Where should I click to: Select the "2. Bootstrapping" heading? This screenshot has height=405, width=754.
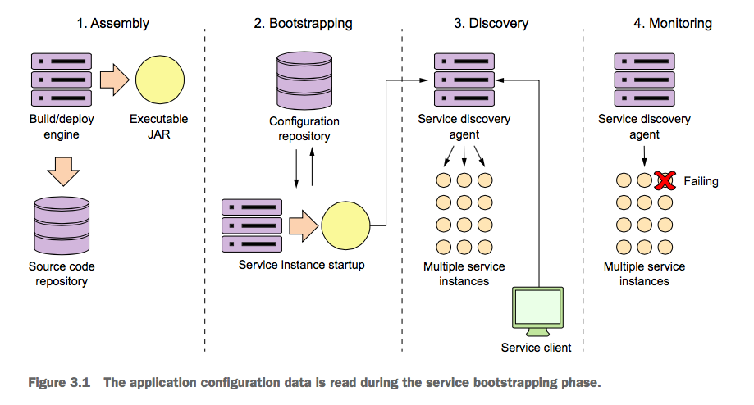pyautogui.click(x=304, y=24)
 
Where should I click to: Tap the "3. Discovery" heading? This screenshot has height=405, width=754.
pyautogui.click(x=491, y=24)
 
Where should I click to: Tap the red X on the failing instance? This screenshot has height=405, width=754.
pyautogui.click(x=664, y=180)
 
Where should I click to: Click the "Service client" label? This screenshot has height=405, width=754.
pyautogui.click(x=536, y=347)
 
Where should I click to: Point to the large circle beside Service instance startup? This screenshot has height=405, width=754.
pyautogui.click(x=346, y=225)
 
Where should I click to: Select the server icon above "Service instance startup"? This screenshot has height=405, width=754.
pyautogui.click(x=252, y=225)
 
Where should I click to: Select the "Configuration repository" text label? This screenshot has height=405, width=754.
pyautogui.click(x=304, y=129)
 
